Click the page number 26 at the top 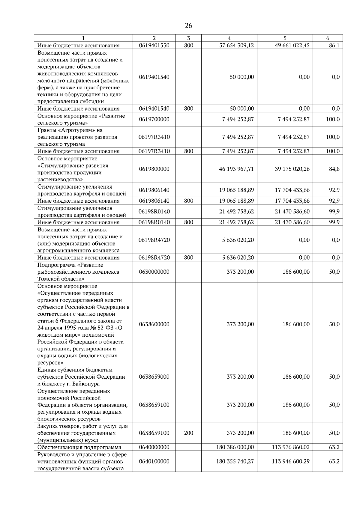click(188, 26)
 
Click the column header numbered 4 click(229, 38)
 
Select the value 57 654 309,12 click(236, 46)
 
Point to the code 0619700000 click(154, 119)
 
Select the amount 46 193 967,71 click(236, 169)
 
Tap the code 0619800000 click(154, 169)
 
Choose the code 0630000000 click(154, 272)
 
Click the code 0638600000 click(154, 324)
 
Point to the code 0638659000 click(154, 377)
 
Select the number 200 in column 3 click(188, 433)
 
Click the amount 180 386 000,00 click(235, 447)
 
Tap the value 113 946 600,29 click(291, 461)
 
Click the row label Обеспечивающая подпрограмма click(79, 447)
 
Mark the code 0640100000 click(154, 461)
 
